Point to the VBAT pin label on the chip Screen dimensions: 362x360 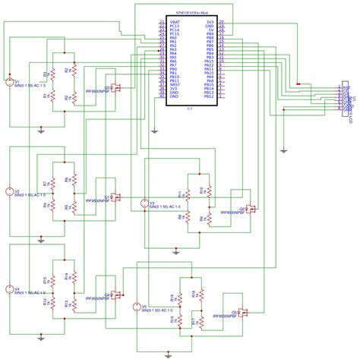175,23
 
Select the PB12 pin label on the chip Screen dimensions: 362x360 210,97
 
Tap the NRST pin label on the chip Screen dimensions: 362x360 175,84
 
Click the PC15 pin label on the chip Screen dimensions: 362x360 175,35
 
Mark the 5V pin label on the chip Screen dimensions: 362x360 211,31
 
